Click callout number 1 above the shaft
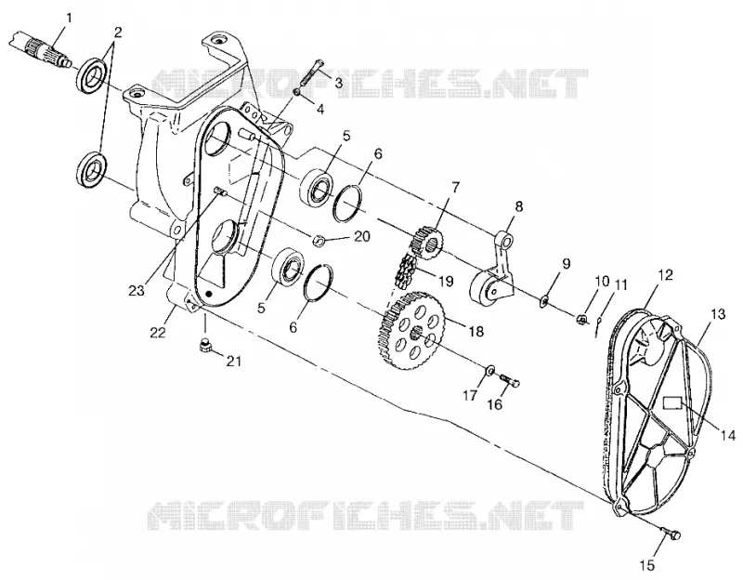[69, 19]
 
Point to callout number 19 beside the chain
[446, 281]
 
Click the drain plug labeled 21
[204, 347]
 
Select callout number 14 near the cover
[728, 435]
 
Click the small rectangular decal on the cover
[671, 402]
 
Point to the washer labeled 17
[490, 368]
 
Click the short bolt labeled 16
[510, 378]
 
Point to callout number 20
[362, 236]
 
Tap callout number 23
[137, 291]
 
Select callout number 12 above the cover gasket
[666, 275]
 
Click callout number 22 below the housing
[158, 333]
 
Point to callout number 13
[718, 314]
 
